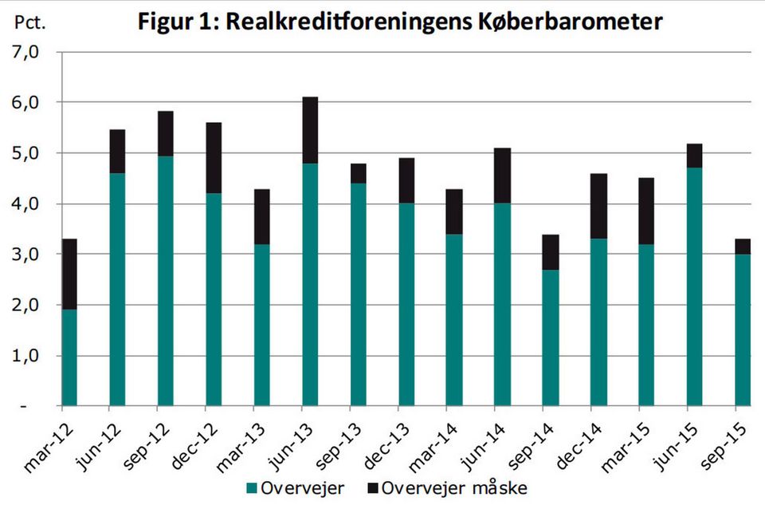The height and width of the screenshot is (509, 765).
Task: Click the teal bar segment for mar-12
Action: tap(69, 357)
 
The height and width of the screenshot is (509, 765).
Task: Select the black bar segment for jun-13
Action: tap(310, 130)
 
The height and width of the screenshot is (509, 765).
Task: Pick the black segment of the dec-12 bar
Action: tap(214, 158)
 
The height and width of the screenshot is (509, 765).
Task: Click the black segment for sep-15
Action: tap(742, 247)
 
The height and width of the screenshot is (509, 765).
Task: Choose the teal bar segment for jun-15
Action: tap(694, 286)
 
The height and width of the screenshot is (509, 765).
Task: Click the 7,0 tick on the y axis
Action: tap(25, 53)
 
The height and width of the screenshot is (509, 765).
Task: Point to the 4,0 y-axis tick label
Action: tap(25, 204)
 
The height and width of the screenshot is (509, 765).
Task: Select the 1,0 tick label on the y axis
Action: tap(25, 356)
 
